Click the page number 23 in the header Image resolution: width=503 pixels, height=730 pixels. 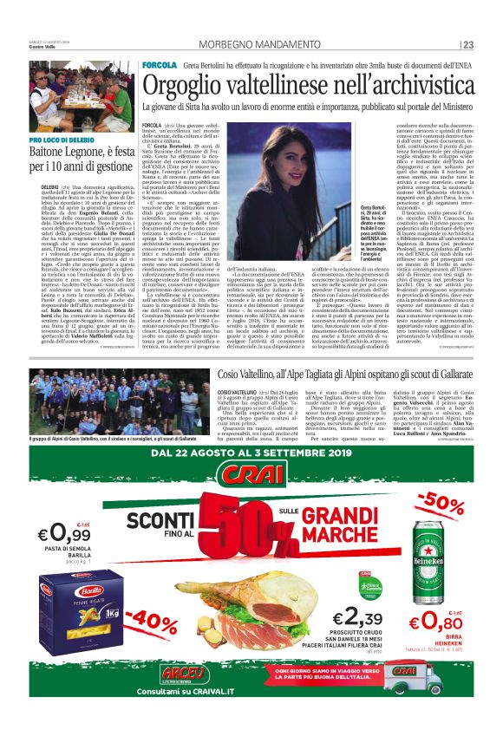tap(467, 45)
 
